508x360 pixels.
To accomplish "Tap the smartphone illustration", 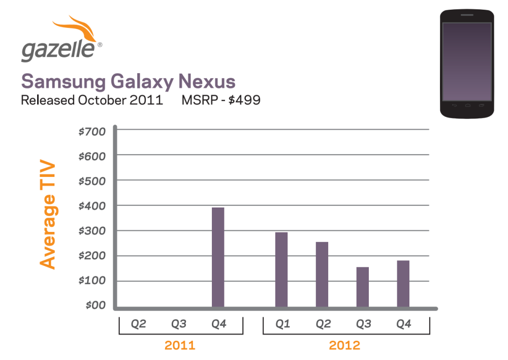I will pos(467,64).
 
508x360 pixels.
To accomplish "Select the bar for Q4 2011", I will pos(218,257).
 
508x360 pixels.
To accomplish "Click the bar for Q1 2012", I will pos(281,269).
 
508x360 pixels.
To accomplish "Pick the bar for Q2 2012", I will pos(322,275).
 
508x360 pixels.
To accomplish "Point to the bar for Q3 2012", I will pos(362,287).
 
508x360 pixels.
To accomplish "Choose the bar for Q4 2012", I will pos(403,284).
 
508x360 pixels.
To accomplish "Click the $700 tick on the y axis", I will pos(92,132).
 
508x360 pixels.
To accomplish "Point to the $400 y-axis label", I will pos(92,206).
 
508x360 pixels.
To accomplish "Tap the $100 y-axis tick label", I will pos(92,281).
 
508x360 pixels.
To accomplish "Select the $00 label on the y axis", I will pos(95,305).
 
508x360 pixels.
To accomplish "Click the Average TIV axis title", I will pos(48,216).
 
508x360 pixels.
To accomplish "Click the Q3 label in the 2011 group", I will pos(178,324).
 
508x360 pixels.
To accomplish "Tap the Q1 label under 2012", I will pos(282,324).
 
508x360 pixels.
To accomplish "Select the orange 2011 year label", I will pos(180,346).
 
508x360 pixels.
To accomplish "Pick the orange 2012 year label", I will pos(344,346).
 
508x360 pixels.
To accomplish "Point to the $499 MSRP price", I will pos(244,100).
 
